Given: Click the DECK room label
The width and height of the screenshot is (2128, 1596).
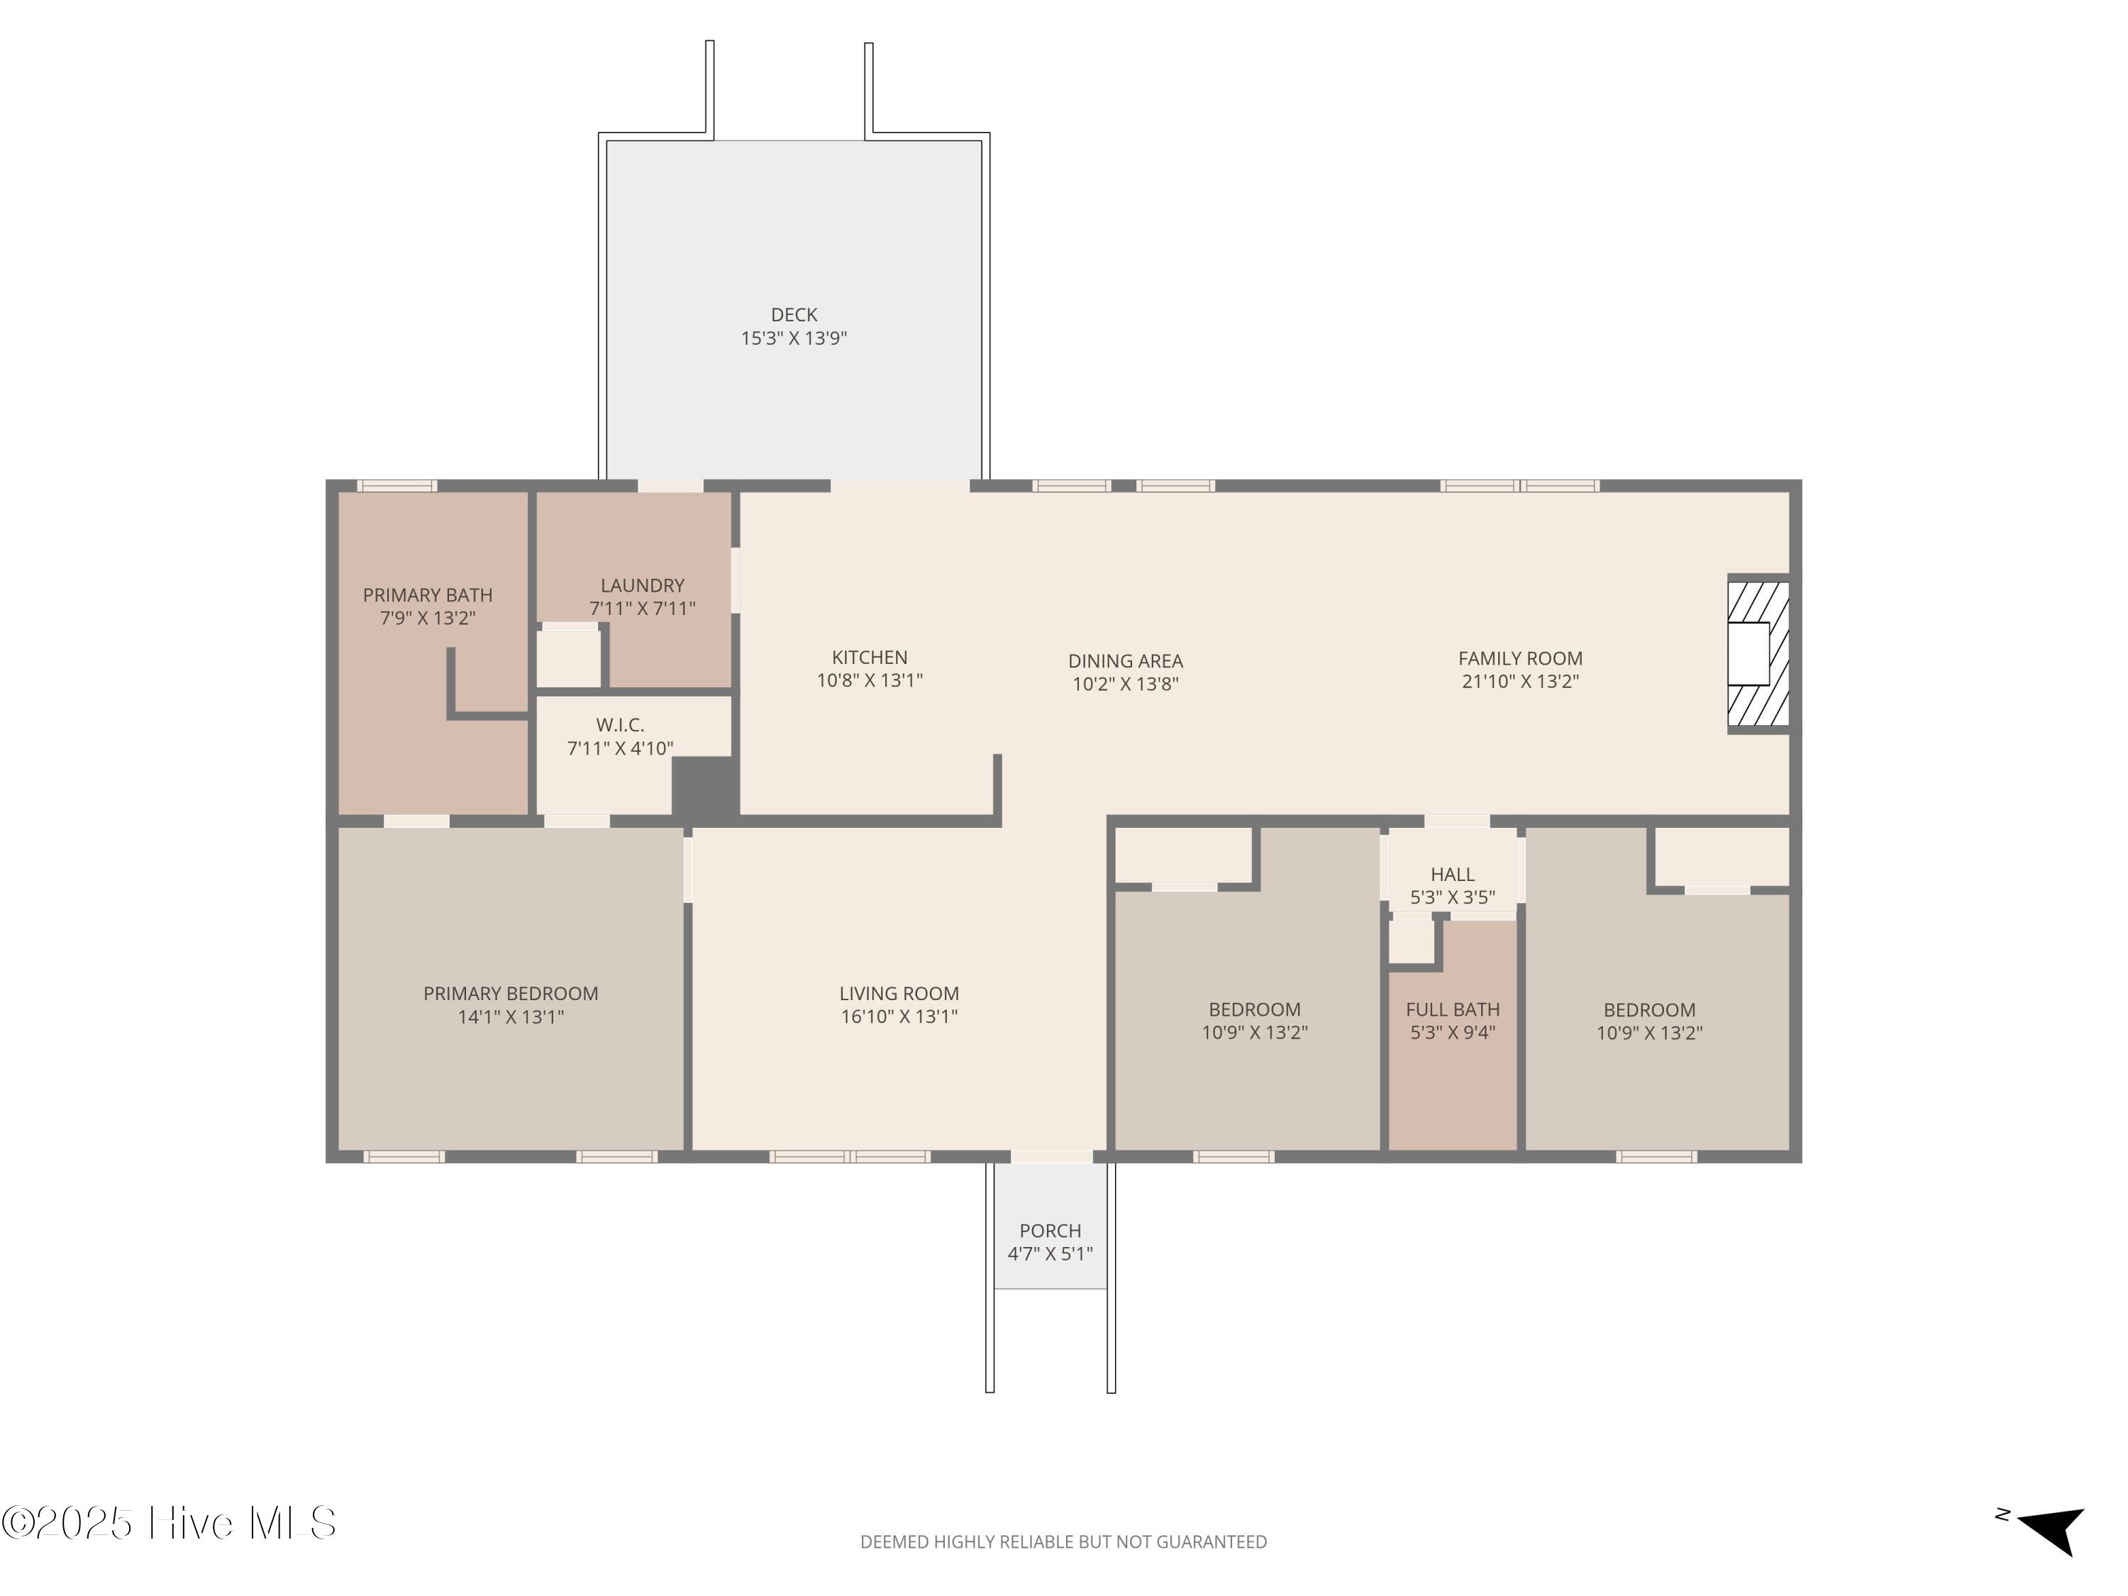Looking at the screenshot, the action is point(794,314).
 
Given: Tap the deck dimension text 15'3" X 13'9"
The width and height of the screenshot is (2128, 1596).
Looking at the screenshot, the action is point(794,338).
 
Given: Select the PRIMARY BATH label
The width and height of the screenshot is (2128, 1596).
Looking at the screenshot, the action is point(427,594).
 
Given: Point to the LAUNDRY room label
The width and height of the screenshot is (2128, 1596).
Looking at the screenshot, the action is point(642,585).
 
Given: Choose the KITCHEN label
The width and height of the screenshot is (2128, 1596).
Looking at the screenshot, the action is point(870,657).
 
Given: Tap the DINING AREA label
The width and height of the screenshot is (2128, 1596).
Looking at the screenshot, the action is point(1126,661).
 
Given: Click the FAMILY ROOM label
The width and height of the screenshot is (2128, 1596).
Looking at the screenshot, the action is point(1520,658).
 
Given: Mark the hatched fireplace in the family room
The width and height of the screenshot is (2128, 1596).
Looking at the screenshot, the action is point(1758,654).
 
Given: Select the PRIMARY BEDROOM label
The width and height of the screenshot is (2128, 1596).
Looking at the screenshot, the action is point(511,993).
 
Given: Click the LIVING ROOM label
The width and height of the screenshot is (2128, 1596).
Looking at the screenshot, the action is point(899,993).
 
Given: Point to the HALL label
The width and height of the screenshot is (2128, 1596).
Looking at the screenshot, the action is point(1453,873).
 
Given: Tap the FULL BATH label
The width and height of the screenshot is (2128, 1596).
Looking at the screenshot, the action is point(1453,1009).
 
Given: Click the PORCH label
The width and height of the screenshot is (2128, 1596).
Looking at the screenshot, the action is point(1051,1231).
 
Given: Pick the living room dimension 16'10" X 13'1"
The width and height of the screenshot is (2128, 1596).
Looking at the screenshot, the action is point(899,1016).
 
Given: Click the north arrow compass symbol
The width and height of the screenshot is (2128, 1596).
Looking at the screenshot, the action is point(2051,1531).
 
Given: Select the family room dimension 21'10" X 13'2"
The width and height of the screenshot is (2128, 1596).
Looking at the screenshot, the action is point(1520,681).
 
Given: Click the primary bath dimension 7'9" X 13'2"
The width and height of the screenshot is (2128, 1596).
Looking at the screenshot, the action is point(427,618).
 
